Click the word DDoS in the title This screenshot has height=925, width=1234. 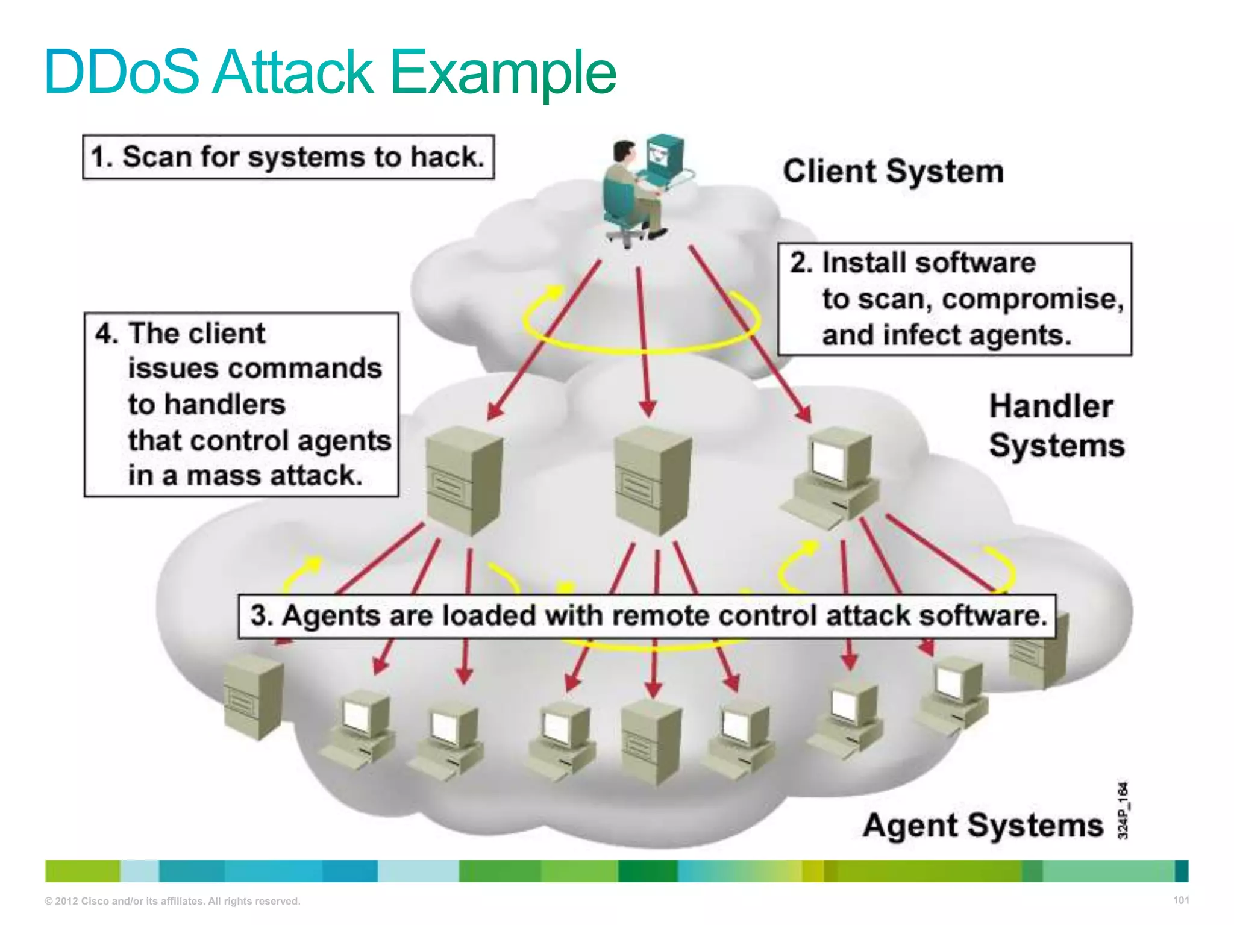121,72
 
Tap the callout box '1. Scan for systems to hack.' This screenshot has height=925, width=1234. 288,157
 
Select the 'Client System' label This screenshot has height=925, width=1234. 893,172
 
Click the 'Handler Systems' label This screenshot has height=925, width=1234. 1056,426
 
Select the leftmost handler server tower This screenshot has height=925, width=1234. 463,480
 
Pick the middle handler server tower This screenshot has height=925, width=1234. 651,480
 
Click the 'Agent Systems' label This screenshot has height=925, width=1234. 982,825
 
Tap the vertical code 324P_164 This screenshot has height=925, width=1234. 1122,810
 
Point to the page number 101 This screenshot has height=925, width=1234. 1181,900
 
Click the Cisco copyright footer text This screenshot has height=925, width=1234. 172,901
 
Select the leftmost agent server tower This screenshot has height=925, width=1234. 252,697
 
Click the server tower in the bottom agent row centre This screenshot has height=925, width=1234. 651,742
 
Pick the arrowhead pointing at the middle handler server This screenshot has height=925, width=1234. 648,409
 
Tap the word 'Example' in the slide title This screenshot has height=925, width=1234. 503,72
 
